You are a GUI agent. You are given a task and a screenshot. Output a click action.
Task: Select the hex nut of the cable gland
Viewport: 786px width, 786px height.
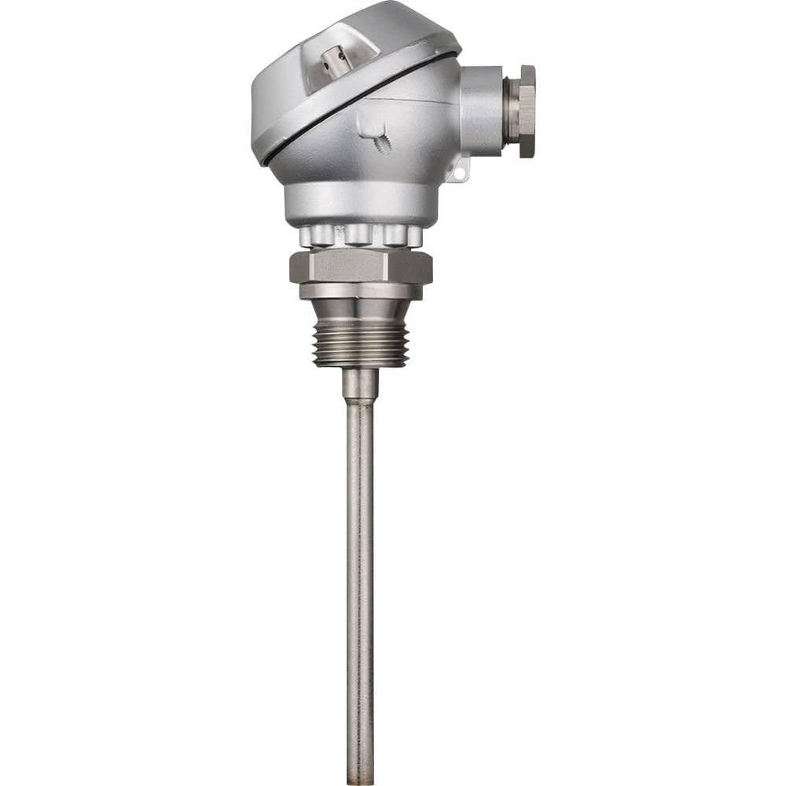[527, 111]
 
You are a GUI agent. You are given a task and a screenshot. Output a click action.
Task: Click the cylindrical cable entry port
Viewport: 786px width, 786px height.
[481, 111]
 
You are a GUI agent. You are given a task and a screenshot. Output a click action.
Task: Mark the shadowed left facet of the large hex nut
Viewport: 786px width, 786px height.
[296, 268]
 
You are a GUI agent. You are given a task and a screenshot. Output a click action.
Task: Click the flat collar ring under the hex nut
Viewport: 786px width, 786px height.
[360, 291]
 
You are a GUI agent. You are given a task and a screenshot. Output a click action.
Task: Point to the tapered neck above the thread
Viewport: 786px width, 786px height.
[360, 309]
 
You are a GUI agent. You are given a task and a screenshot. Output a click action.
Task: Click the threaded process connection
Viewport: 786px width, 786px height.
[360, 344]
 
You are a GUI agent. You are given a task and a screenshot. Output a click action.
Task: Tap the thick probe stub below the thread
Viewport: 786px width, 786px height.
[360, 384]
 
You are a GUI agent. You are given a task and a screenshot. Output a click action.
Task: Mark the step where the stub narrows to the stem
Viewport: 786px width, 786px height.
[360, 402]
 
